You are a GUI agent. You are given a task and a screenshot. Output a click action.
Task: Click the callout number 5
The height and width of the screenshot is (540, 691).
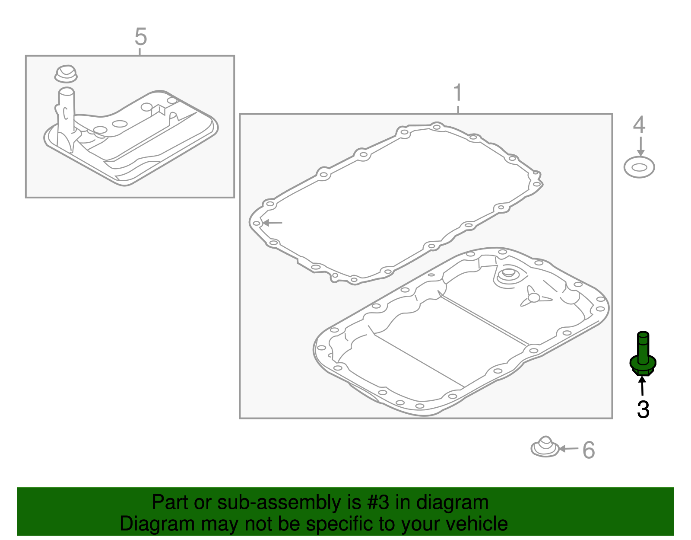coord(141,37)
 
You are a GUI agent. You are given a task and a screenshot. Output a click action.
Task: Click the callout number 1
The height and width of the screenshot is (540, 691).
coord(458,93)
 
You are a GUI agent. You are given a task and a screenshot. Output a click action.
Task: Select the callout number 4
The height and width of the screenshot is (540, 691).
coord(639,125)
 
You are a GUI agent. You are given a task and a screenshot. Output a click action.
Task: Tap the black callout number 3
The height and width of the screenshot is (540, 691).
coord(643,410)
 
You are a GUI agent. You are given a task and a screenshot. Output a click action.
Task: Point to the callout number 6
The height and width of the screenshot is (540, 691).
coord(589,450)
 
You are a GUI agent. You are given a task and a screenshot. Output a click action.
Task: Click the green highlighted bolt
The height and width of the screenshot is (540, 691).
coord(643,354)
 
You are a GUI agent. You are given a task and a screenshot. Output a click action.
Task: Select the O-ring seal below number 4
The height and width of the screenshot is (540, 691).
coord(639,167)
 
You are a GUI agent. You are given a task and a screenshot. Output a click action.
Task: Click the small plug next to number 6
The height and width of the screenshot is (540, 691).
coord(545,447)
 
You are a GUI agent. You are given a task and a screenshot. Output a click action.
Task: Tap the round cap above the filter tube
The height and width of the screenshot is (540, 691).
coord(66,74)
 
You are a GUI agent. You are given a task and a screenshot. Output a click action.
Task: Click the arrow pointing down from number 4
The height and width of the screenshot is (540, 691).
coord(641,147)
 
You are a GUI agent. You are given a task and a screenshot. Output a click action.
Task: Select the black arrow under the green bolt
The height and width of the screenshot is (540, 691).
coord(642,386)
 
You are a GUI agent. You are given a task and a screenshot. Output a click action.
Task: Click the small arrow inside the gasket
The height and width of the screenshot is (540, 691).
coord(272,223)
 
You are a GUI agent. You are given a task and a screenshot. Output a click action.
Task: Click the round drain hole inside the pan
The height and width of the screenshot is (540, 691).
coord(508,274)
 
